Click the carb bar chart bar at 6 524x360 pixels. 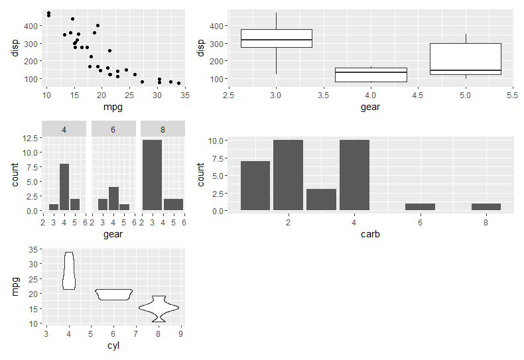pos(420,207)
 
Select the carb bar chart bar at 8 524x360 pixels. pos(486,207)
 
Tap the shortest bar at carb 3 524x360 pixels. pos(321,200)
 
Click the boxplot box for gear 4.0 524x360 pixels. pos(371,75)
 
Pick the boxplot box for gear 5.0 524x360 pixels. pos(465,60)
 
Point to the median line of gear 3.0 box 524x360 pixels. pos(277,40)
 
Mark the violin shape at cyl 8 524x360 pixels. pos(158,308)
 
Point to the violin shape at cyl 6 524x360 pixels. pos(113,294)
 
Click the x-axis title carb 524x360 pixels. pos(370,234)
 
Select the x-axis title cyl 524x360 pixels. pos(113,345)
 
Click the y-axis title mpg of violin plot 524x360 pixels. pos(17,287)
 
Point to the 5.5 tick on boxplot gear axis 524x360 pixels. pos(512,95)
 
